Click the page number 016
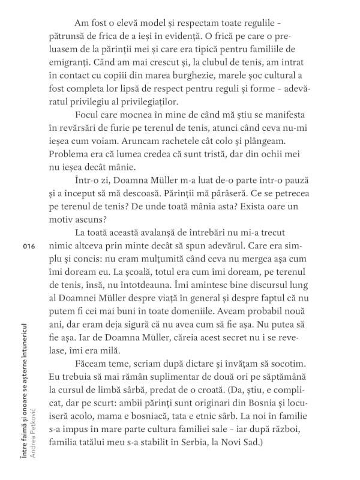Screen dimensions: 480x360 (28, 247)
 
